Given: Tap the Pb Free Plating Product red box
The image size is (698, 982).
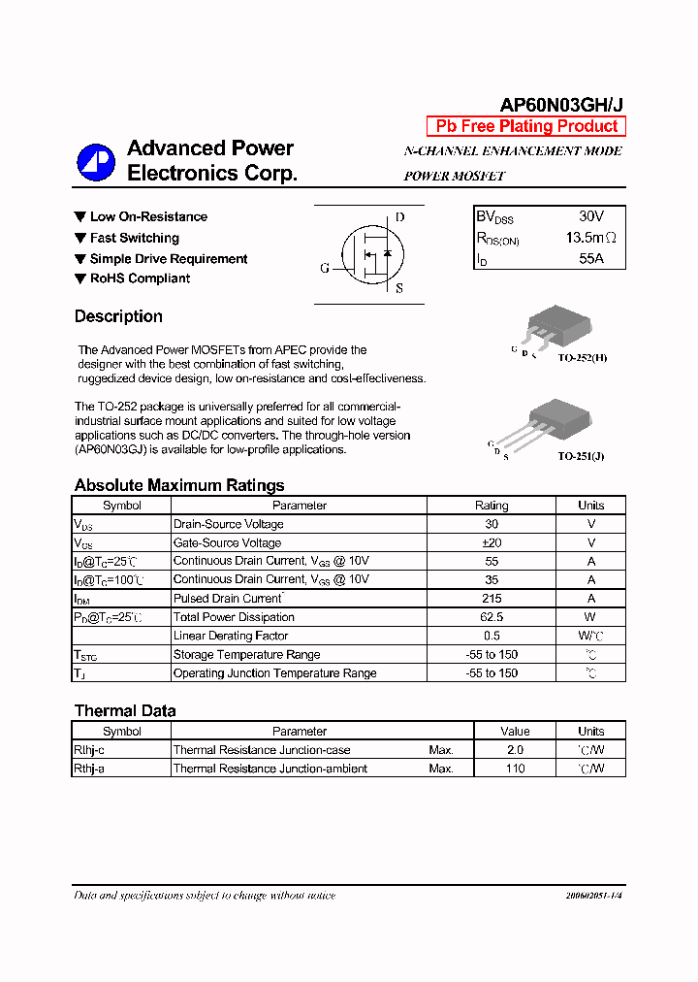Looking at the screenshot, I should [x=526, y=126].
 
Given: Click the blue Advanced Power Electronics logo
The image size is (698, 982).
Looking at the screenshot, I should [x=96, y=162].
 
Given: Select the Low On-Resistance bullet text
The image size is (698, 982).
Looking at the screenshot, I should [x=148, y=216].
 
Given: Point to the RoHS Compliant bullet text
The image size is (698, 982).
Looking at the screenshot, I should [x=140, y=278].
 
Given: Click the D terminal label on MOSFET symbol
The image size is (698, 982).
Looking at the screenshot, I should [x=399, y=217].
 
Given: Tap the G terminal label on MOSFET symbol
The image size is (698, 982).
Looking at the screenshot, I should [x=325, y=268].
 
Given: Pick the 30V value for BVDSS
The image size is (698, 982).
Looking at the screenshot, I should [x=591, y=216].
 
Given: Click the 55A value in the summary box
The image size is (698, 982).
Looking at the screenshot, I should [x=591, y=258].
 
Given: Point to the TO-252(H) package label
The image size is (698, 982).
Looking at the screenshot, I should [x=582, y=358].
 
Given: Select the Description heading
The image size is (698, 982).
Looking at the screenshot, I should [x=118, y=316].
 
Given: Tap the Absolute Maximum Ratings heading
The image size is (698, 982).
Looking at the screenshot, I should [x=179, y=485].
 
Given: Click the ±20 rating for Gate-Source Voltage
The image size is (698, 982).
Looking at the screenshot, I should [x=492, y=543].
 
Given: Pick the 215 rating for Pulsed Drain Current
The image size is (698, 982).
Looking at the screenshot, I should [x=492, y=599].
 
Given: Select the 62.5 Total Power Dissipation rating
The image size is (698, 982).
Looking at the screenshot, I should [x=492, y=617].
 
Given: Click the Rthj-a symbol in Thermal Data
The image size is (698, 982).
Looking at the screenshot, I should [x=90, y=769].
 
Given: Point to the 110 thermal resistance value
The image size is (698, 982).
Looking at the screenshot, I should [x=515, y=769].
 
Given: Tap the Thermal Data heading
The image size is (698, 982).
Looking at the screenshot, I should [x=125, y=711].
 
